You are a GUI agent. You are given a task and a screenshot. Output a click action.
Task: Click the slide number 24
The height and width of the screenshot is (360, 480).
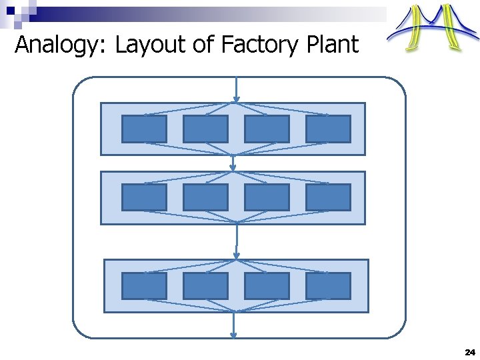(469, 351)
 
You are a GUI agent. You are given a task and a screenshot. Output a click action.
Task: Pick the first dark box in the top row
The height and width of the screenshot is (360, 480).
(144, 129)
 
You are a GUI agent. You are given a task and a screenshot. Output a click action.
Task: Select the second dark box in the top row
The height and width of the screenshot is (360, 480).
(205, 129)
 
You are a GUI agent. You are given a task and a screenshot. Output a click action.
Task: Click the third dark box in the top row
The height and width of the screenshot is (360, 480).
(267, 129)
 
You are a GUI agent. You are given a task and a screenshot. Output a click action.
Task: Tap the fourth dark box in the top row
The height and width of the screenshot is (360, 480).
(328, 129)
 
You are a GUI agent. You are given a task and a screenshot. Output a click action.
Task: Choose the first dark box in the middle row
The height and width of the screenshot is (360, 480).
(144, 197)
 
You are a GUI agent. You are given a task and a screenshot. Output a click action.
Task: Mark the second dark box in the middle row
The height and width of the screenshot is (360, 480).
(205, 197)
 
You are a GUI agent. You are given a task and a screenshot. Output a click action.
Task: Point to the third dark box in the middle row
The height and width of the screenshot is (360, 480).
(267, 197)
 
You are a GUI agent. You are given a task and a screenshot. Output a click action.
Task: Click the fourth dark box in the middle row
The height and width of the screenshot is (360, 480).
(328, 197)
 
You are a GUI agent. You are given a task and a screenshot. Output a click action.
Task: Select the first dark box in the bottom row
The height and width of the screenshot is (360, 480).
(144, 286)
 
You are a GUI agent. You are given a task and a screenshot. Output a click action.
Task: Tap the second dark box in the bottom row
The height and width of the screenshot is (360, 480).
(205, 286)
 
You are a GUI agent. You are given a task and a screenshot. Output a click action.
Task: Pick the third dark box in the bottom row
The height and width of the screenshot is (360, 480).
(267, 286)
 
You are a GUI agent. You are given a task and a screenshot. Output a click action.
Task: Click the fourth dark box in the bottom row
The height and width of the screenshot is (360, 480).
(328, 286)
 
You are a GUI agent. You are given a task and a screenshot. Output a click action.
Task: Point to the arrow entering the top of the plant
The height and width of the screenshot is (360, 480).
(236, 89)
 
